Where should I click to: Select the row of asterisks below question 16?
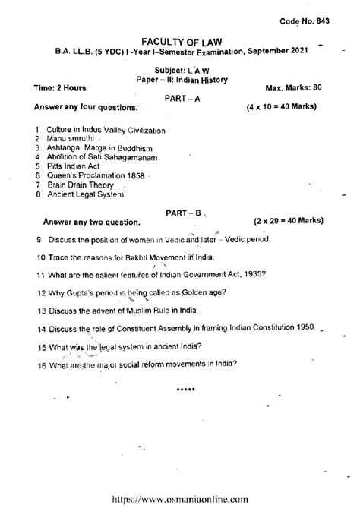185,388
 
